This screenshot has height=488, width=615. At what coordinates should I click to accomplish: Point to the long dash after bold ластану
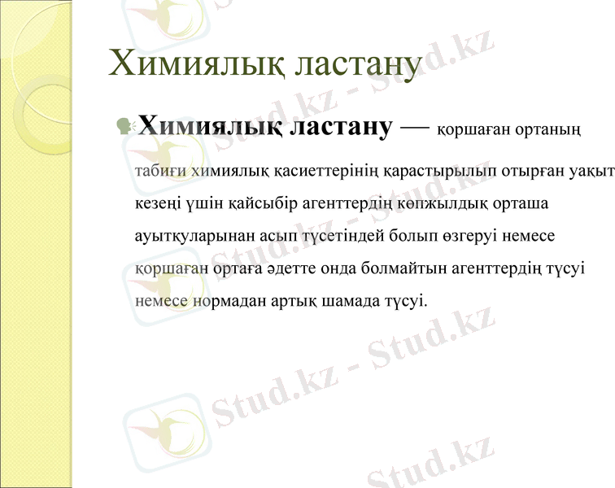415,127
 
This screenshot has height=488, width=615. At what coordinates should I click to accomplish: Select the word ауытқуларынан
188,236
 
